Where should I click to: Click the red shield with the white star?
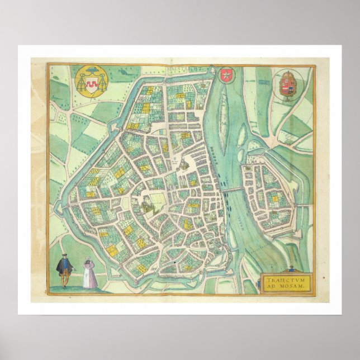click(x=225, y=75)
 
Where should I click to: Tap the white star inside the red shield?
click(x=225, y=75)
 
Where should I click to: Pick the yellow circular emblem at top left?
click(x=89, y=82)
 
